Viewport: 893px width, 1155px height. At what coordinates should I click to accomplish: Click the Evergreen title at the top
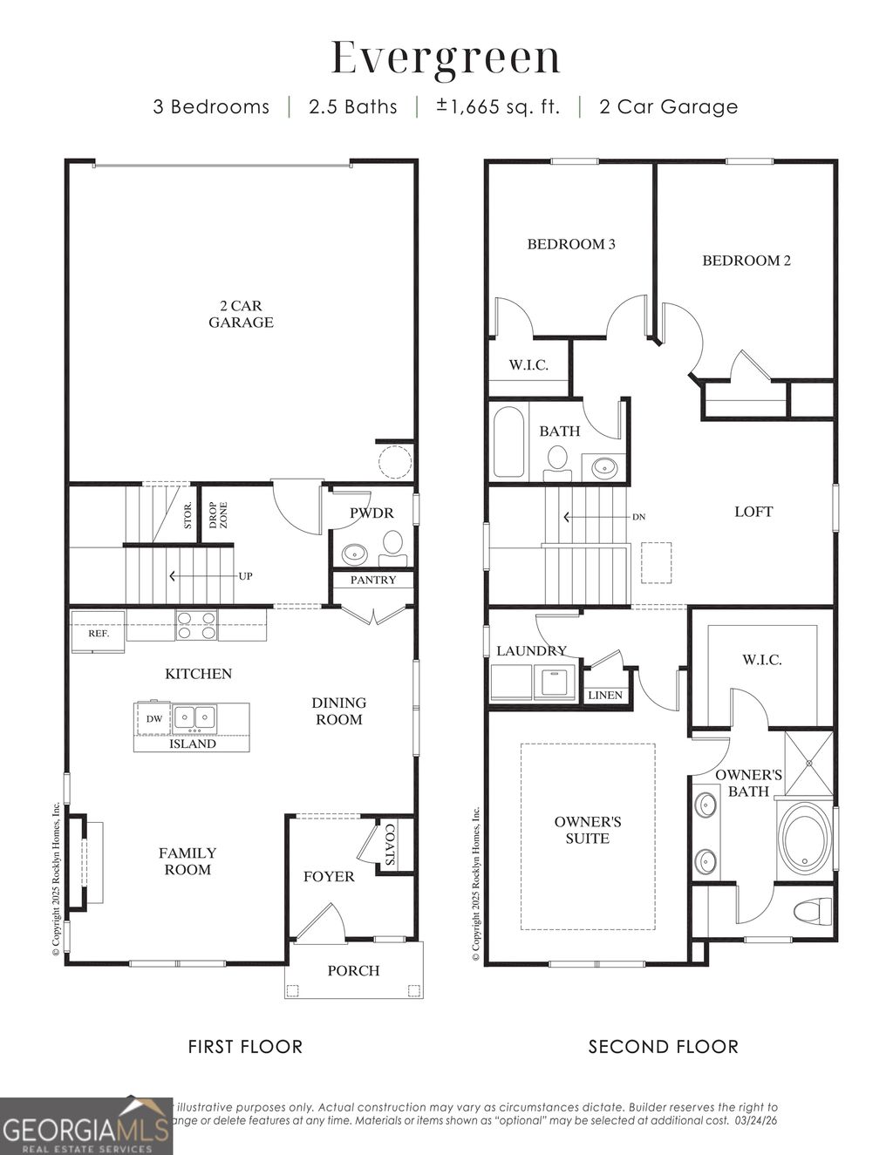pos(446,58)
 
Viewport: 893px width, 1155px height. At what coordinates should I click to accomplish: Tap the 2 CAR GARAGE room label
pos(241,314)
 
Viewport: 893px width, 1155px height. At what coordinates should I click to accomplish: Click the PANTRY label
pos(373,580)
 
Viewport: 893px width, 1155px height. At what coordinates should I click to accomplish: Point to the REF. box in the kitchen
pos(99,634)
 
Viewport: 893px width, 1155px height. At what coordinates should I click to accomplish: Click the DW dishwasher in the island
pos(153,718)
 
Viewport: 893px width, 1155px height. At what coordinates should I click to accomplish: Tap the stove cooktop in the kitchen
pos(196,626)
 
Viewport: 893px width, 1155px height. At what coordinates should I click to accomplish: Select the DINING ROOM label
pos(339,710)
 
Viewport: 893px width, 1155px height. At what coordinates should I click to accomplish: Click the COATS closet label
pos(390,844)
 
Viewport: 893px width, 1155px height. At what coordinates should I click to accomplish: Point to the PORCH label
pos(353,970)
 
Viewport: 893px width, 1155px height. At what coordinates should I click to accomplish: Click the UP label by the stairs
pos(245,576)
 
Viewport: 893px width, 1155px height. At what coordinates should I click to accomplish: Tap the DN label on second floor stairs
pos(639,517)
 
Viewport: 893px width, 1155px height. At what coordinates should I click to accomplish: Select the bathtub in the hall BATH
pos(508,442)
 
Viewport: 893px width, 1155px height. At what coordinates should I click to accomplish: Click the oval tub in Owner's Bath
pos(804,839)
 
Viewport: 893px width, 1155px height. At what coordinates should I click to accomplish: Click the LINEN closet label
pos(605,695)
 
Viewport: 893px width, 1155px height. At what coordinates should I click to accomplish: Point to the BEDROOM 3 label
pos(571,244)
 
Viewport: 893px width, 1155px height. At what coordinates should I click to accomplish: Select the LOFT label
pos(753,512)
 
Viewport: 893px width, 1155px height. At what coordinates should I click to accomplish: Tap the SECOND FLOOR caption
pos(663,1046)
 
